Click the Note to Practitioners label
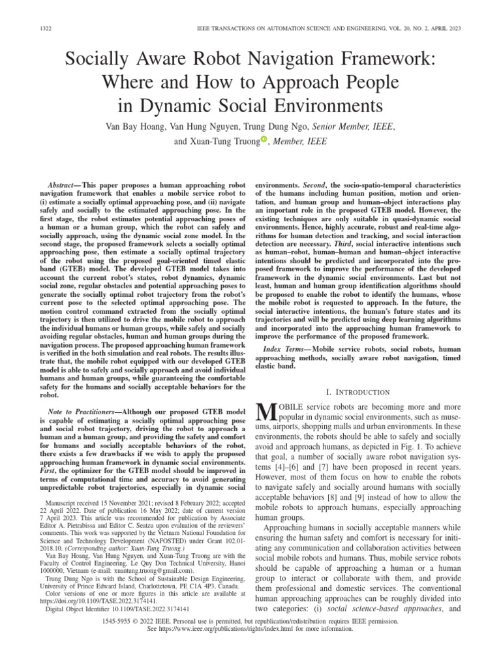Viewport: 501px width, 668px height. (x=82, y=412)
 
